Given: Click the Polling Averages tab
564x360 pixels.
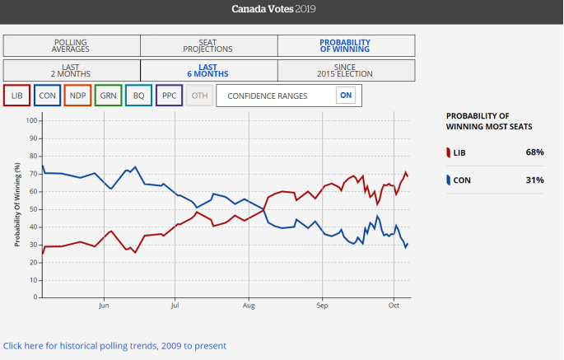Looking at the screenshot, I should tap(72, 45).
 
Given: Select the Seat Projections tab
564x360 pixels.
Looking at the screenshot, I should tap(208, 45).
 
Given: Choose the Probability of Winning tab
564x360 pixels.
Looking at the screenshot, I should tap(345, 45).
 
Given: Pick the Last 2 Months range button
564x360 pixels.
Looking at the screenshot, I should tap(72, 70).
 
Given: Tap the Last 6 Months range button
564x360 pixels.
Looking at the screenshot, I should tap(208, 70).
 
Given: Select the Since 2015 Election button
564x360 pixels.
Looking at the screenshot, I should tap(345, 70).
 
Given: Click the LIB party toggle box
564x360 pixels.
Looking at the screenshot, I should tap(18, 96).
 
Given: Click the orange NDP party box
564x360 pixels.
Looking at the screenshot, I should tap(78, 96).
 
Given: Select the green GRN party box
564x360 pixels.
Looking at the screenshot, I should tap(109, 96).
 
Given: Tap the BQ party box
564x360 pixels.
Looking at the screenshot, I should tap(138, 96).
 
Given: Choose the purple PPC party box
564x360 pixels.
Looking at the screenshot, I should tap(169, 96).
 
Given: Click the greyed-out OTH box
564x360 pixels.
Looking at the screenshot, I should tap(198, 96).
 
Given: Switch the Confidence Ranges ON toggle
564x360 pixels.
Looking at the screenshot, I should tap(347, 96).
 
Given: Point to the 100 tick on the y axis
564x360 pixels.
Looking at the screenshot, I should tap(33, 120).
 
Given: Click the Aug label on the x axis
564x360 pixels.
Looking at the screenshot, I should tap(249, 306).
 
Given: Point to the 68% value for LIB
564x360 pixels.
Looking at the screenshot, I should tap(534, 152).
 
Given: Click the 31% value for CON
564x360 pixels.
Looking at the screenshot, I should tap(534, 180).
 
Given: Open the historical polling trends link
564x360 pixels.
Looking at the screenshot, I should tap(114, 346).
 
